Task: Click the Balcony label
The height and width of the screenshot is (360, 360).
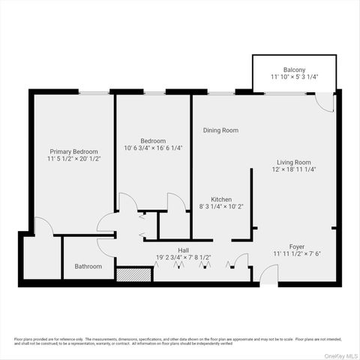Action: [293, 69]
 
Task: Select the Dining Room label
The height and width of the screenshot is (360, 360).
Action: [220, 130]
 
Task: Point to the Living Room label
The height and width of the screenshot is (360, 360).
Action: [294, 162]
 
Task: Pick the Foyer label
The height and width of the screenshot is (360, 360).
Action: [298, 246]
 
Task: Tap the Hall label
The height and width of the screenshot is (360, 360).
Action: [183, 250]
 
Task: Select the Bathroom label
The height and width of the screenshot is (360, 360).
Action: [88, 266]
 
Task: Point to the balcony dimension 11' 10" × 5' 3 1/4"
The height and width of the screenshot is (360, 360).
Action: [293, 77]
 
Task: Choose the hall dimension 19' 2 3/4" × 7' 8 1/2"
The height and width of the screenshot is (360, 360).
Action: [183, 257]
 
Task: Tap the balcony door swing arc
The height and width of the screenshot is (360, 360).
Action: [325, 103]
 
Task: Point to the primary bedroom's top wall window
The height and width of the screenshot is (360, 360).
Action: [94, 92]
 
